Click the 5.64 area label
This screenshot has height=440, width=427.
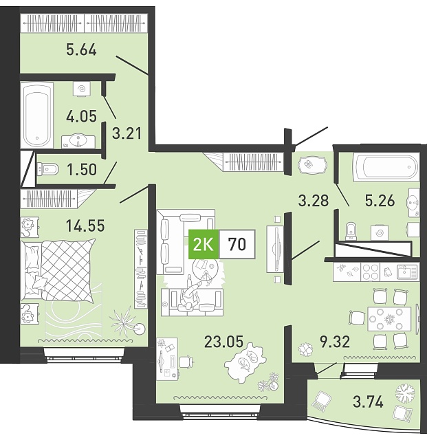click(x=81, y=50)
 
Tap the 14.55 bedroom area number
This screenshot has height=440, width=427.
click(x=85, y=225)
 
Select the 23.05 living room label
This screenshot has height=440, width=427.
click(x=223, y=342)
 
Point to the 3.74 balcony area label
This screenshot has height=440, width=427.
click(x=368, y=401)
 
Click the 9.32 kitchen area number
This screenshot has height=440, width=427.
click(x=335, y=342)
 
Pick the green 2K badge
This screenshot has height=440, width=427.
click(x=204, y=244)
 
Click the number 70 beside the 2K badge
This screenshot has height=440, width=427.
click(x=237, y=244)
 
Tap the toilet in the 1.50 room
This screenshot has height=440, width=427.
click(x=47, y=169)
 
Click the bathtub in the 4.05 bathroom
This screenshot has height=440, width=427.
click(x=36, y=115)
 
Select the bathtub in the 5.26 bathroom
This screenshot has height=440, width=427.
click(x=386, y=166)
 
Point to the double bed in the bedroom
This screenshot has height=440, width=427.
click(x=58, y=271)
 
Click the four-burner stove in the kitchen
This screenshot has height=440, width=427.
click(x=370, y=272)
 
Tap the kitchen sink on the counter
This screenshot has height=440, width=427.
click(x=407, y=272)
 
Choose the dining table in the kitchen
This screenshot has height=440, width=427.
click(x=389, y=319)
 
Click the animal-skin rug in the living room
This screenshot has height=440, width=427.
click(x=245, y=363)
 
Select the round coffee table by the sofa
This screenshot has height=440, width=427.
click(x=204, y=270)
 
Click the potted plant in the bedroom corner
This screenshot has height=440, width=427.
click(x=127, y=322)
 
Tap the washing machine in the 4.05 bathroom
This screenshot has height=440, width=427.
click(x=82, y=89)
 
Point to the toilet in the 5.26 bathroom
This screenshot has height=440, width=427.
click(x=351, y=232)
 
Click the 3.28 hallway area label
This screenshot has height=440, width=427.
click(x=314, y=201)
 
